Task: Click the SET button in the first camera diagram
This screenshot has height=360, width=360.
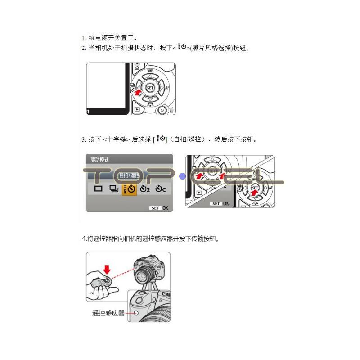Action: click(x=150, y=88)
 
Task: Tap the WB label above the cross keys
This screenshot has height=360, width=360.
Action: click(x=150, y=71)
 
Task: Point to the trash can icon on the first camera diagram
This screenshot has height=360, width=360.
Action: click(x=171, y=110)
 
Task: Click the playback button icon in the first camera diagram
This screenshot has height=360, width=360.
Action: click(x=137, y=109)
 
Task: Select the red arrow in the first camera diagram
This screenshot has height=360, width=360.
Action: click(x=137, y=93)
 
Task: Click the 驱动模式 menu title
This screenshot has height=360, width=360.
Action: click(x=99, y=160)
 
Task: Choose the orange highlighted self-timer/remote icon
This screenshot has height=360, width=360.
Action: click(x=129, y=189)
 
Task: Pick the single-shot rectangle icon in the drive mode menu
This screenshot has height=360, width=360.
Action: click(x=98, y=189)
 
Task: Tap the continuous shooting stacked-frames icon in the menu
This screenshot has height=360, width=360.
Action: click(x=114, y=189)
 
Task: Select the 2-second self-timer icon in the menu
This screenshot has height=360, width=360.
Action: click(x=145, y=189)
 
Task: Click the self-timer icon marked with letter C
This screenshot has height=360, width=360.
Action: click(x=161, y=189)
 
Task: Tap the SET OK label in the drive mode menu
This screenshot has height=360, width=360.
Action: click(x=159, y=208)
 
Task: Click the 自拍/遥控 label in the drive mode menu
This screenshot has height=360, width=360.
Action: click(x=129, y=175)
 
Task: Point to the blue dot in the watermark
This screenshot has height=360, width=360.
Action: click(x=183, y=176)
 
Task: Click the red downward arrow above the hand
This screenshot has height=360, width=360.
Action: click(x=107, y=270)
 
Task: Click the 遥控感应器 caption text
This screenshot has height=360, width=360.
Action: click(x=108, y=313)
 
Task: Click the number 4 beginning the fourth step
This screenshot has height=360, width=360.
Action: click(x=84, y=239)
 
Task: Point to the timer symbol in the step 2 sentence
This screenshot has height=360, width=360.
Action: click(x=183, y=47)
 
